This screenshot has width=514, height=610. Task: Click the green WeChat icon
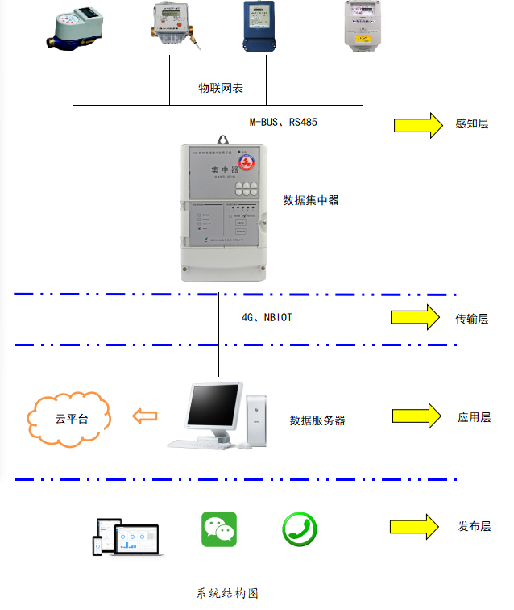point(219,529)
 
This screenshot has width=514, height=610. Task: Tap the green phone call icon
point(299,529)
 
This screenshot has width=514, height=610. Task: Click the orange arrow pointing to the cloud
point(145,416)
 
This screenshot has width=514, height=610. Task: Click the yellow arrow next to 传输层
point(416,318)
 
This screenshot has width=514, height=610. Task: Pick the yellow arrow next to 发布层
point(414,526)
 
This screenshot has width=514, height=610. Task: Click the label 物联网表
point(221,87)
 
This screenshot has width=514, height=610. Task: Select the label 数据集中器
point(311,199)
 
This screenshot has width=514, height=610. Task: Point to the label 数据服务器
point(317,420)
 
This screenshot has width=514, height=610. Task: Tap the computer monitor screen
point(213,407)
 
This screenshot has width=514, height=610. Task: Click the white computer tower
point(257,420)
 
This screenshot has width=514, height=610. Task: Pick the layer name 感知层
point(472,124)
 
